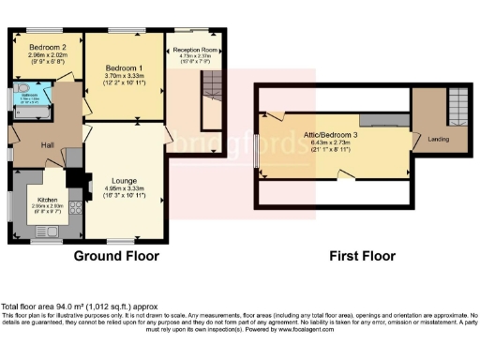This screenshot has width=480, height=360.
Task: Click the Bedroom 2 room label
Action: [x=46, y=47]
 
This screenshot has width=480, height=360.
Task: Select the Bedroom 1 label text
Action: [x=123, y=69]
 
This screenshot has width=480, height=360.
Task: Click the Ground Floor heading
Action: [x=115, y=255]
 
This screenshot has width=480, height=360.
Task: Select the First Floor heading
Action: [x=362, y=255]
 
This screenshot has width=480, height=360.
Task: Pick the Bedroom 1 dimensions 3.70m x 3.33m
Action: [x=123, y=78]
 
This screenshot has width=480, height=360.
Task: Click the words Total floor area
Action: [x=28, y=307]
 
